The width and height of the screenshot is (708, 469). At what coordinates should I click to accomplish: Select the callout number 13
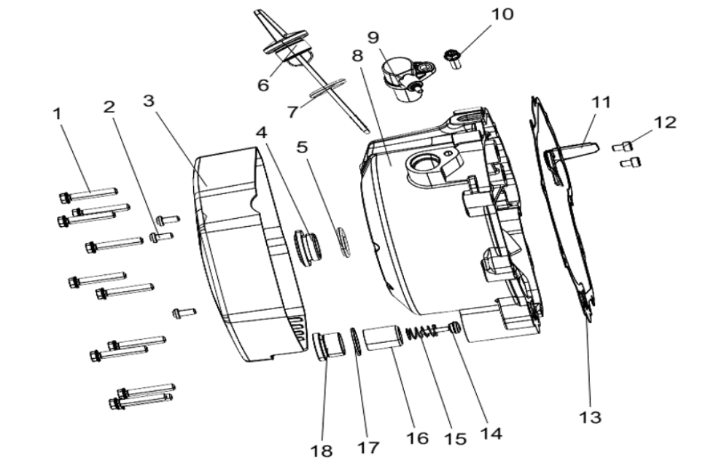(591, 416)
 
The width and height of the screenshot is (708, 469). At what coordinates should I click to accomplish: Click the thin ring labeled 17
(356, 341)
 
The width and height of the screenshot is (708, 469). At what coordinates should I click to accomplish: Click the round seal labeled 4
(308, 246)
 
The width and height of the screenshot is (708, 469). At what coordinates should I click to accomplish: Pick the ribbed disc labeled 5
(343, 242)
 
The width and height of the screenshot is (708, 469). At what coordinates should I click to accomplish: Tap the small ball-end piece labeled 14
(454, 328)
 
